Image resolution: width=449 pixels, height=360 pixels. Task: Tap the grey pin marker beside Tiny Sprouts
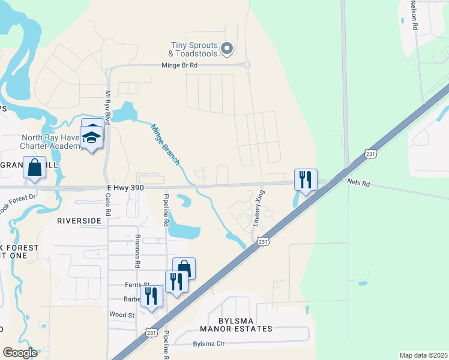[227, 49]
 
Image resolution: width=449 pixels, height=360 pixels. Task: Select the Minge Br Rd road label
[179, 65]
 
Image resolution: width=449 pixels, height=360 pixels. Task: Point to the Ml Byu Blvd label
[108, 107]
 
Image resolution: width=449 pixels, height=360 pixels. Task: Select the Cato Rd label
[109, 204]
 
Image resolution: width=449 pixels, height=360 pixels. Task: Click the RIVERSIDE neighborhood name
[79, 221]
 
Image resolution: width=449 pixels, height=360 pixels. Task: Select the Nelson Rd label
[414, 15]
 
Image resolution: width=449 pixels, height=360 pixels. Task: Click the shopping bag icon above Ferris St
[184, 268]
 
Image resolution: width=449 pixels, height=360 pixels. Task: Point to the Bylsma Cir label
[208, 344]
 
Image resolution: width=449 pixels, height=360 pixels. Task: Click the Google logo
[19, 353]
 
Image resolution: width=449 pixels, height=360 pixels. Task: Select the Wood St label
[121, 314]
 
